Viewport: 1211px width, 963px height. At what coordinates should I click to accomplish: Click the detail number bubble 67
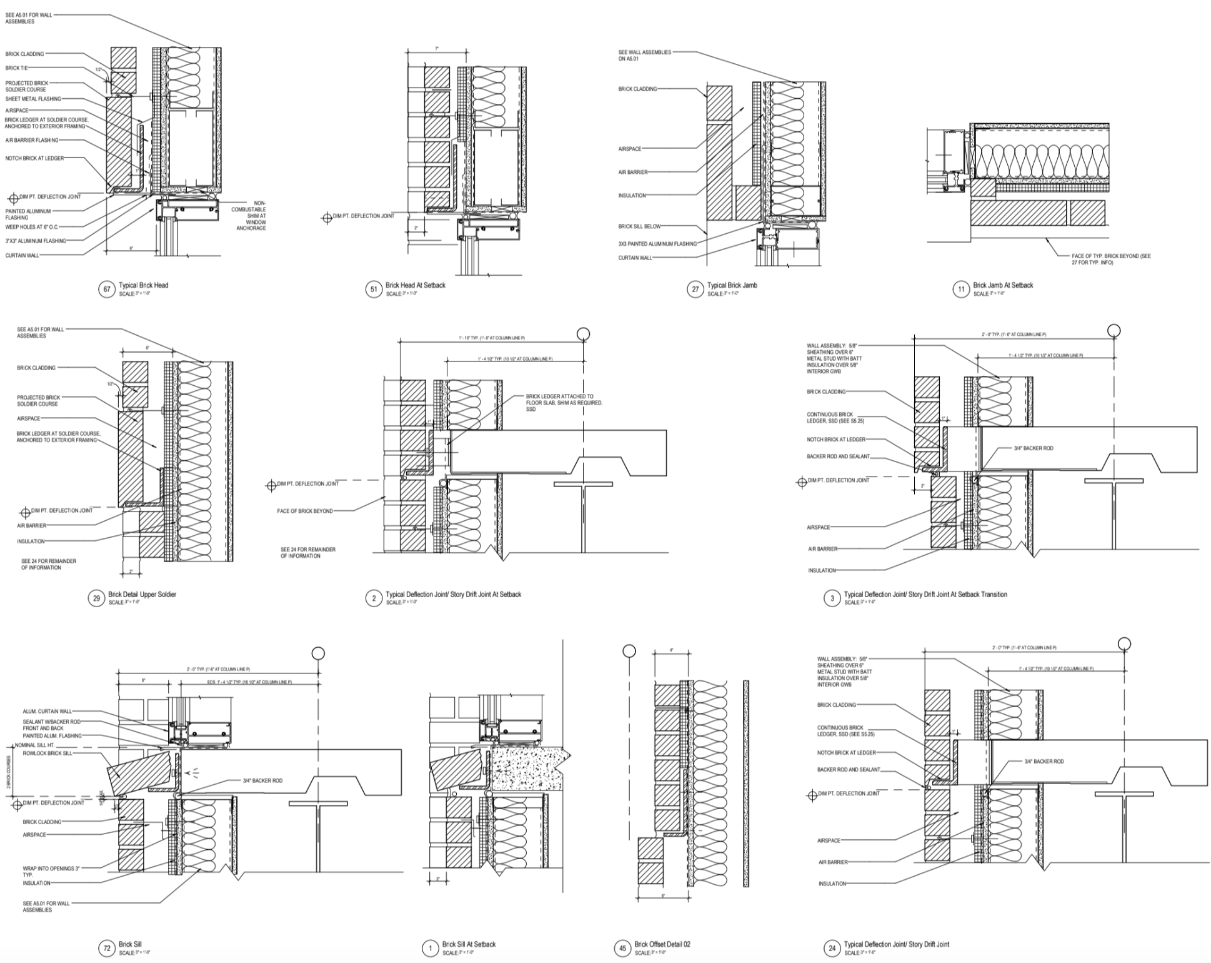click(107, 289)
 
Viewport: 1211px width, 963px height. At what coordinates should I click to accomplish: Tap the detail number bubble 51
click(374, 289)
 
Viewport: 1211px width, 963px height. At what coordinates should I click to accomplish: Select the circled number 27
click(695, 289)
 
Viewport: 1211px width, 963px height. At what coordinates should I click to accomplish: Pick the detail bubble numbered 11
click(961, 289)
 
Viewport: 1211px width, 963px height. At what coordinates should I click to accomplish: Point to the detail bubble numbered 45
click(622, 949)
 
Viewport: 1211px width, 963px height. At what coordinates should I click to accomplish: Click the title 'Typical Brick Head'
click(143, 285)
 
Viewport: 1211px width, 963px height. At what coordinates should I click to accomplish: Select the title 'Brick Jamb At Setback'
click(1002, 285)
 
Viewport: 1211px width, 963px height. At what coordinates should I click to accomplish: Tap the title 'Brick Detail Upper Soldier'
click(142, 594)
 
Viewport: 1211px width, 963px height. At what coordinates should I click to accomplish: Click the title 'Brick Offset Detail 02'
click(662, 944)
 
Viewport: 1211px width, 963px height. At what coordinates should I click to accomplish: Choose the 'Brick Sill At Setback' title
click(468, 944)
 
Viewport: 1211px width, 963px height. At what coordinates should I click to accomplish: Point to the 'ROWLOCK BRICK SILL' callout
click(47, 754)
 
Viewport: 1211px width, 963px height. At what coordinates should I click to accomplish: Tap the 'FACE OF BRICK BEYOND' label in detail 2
click(305, 511)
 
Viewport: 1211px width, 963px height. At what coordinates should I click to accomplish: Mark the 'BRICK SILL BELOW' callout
click(639, 226)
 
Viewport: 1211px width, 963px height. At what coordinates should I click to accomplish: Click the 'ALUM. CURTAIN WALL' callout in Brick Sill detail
click(47, 712)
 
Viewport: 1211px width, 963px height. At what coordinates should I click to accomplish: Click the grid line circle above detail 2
click(583, 334)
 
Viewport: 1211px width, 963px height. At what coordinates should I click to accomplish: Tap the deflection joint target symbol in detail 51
click(326, 218)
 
